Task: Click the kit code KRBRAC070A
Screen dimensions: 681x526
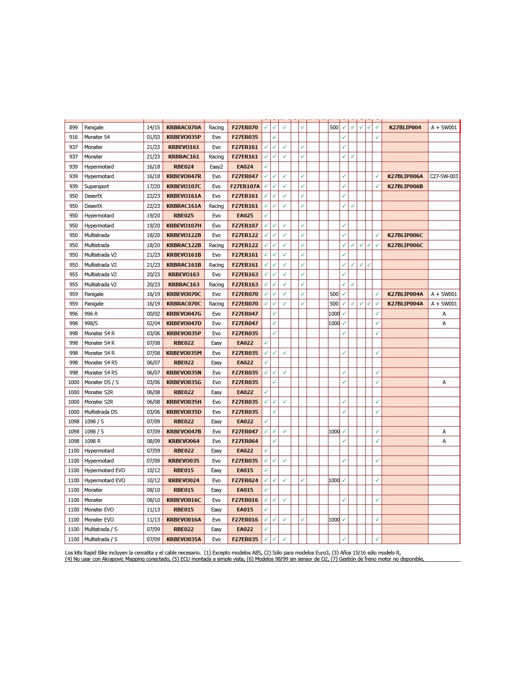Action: [x=184, y=127]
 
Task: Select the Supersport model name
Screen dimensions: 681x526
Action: [x=97, y=186]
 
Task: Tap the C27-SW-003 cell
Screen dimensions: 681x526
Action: [x=444, y=176]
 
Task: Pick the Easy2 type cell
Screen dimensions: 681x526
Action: [x=216, y=167]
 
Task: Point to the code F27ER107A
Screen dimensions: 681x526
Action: [x=245, y=186]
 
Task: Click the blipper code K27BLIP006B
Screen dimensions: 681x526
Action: [x=405, y=186]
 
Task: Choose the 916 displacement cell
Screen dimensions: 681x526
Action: [x=74, y=137]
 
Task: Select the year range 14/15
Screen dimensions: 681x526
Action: [x=153, y=127]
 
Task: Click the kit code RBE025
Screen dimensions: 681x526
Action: [x=184, y=216]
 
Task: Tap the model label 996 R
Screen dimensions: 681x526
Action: [x=91, y=314]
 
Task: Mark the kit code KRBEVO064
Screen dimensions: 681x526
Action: [x=184, y=441]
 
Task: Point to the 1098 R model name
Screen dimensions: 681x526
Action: [x=92, y=441]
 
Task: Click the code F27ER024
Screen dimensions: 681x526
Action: [x=245, y=480]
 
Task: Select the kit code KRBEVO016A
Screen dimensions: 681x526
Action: [x=184, y=520]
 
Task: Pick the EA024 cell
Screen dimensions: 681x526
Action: [x=245, y=167]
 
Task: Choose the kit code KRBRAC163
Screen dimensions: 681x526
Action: [x=184, y=284]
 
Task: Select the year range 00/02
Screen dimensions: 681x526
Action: [x=153, y=314]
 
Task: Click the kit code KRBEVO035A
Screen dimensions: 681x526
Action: [x=184, y=539]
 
